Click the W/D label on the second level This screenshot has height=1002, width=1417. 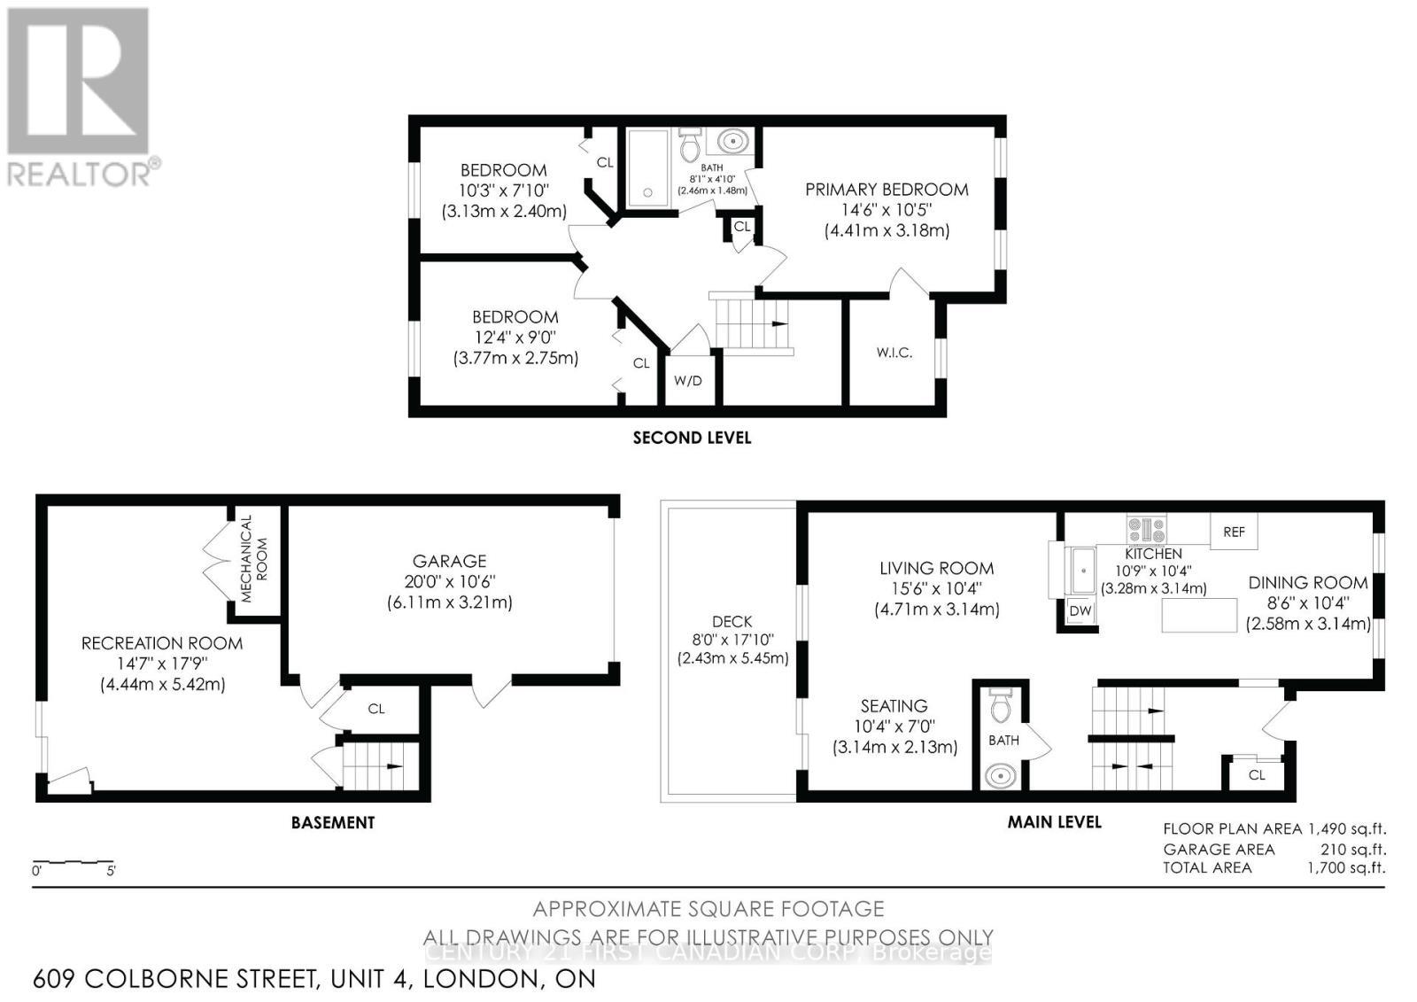coord(688,381)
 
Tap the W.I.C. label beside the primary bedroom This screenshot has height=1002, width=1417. coord(894,353)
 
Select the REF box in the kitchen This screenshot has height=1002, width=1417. coord(1234,532)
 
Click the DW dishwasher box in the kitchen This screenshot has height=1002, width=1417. coord(1080,611)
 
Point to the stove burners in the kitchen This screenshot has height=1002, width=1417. coord(1147,530)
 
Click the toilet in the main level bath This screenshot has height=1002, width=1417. coord(1002,705)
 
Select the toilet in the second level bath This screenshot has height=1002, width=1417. coord(691,144)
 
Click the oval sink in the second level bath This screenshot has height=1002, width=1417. coord(732,141)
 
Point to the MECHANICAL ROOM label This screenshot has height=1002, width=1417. coord(254,558)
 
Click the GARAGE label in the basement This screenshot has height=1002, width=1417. coord(449,561)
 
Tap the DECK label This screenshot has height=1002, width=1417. coord(732,621)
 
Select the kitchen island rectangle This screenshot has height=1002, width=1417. coord(1199,615)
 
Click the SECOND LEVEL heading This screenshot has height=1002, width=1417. coord(692,438)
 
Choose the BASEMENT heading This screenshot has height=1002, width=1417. coord(333,822)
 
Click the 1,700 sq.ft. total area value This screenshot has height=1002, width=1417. coord(1346,867)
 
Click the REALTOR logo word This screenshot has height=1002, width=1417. coord(80,173)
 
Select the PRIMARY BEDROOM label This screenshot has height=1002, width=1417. coord(887,190)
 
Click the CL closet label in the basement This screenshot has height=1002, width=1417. coord(376,709)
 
